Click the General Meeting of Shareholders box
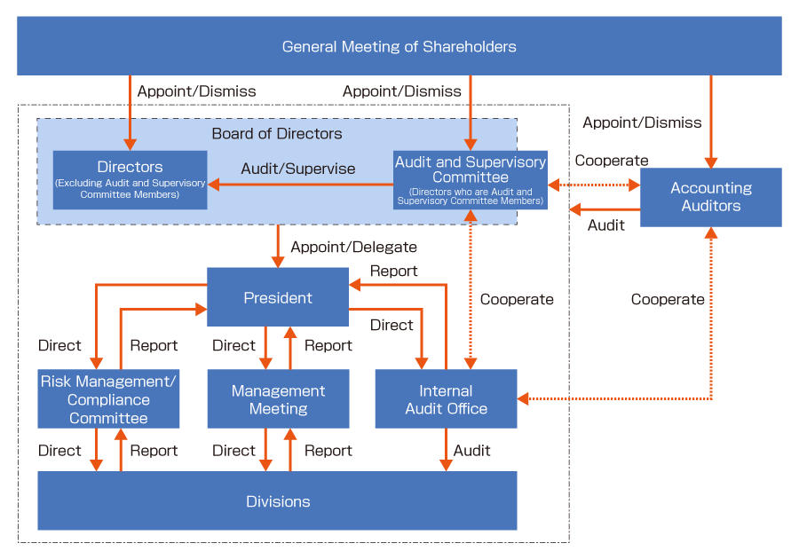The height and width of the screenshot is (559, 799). tap(399, 46)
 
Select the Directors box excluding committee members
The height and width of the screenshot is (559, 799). tap(130, 180)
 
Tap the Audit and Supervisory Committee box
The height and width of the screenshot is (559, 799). tap(471, 180)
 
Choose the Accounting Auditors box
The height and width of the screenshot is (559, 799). tap(711, 197)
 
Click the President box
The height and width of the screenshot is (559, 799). tap(278, 297)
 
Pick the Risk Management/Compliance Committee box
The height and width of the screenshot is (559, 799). tap(108, 398)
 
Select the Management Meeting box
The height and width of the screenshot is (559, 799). tap(278, 398)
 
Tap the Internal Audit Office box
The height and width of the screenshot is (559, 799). tap(446, 398)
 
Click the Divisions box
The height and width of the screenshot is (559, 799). tap(277, 500)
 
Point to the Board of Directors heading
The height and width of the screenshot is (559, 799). tap(277, 133)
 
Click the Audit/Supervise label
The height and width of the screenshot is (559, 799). tap(298, 169)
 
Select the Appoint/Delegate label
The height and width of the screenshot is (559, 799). tap(353, 247)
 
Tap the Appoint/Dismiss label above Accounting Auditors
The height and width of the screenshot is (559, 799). tap(642, 122)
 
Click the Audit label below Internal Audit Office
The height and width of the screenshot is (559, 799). tap(472, 451)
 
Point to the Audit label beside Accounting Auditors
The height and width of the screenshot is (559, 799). tap(605, 225)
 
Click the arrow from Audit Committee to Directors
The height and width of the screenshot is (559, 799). tap(301, 185)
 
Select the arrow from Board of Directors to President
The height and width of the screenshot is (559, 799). tap(278, 246)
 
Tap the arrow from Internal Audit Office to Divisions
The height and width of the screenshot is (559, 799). tap(446, 450)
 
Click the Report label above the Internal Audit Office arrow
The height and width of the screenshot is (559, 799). tap(393, 271)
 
